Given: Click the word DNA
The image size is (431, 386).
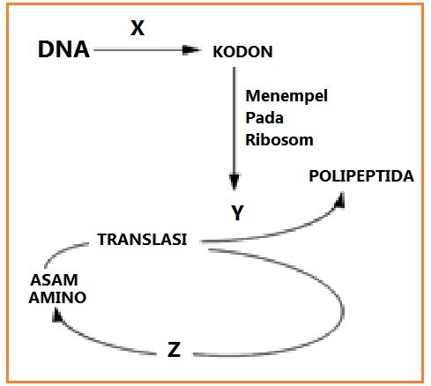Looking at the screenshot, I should pos(64,50).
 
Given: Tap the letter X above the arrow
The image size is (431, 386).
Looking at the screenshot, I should pos(137,28).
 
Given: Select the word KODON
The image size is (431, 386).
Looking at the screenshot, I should pos(243,52).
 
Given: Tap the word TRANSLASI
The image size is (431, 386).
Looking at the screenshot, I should pos(142,239).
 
